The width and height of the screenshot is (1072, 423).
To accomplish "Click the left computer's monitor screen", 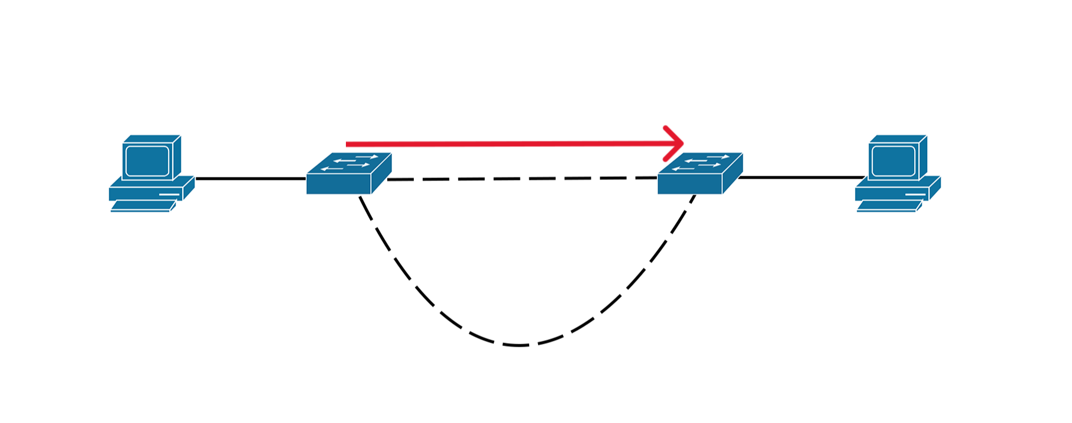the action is [x=147, y=160].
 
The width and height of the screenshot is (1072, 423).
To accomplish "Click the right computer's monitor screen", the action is [x=893, y=160].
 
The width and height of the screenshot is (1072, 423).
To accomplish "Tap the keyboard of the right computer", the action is [x=888, y=206].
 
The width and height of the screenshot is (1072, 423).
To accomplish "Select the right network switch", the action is [x=700, y=174].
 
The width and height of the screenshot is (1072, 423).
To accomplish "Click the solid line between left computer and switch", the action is [x=250, y=178].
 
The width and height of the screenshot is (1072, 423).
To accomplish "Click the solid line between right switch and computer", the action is [x=801, y=177].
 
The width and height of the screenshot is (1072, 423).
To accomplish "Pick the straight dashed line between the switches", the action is [x=520, y=178].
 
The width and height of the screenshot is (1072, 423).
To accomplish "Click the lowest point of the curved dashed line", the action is [x=519, y=345].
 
